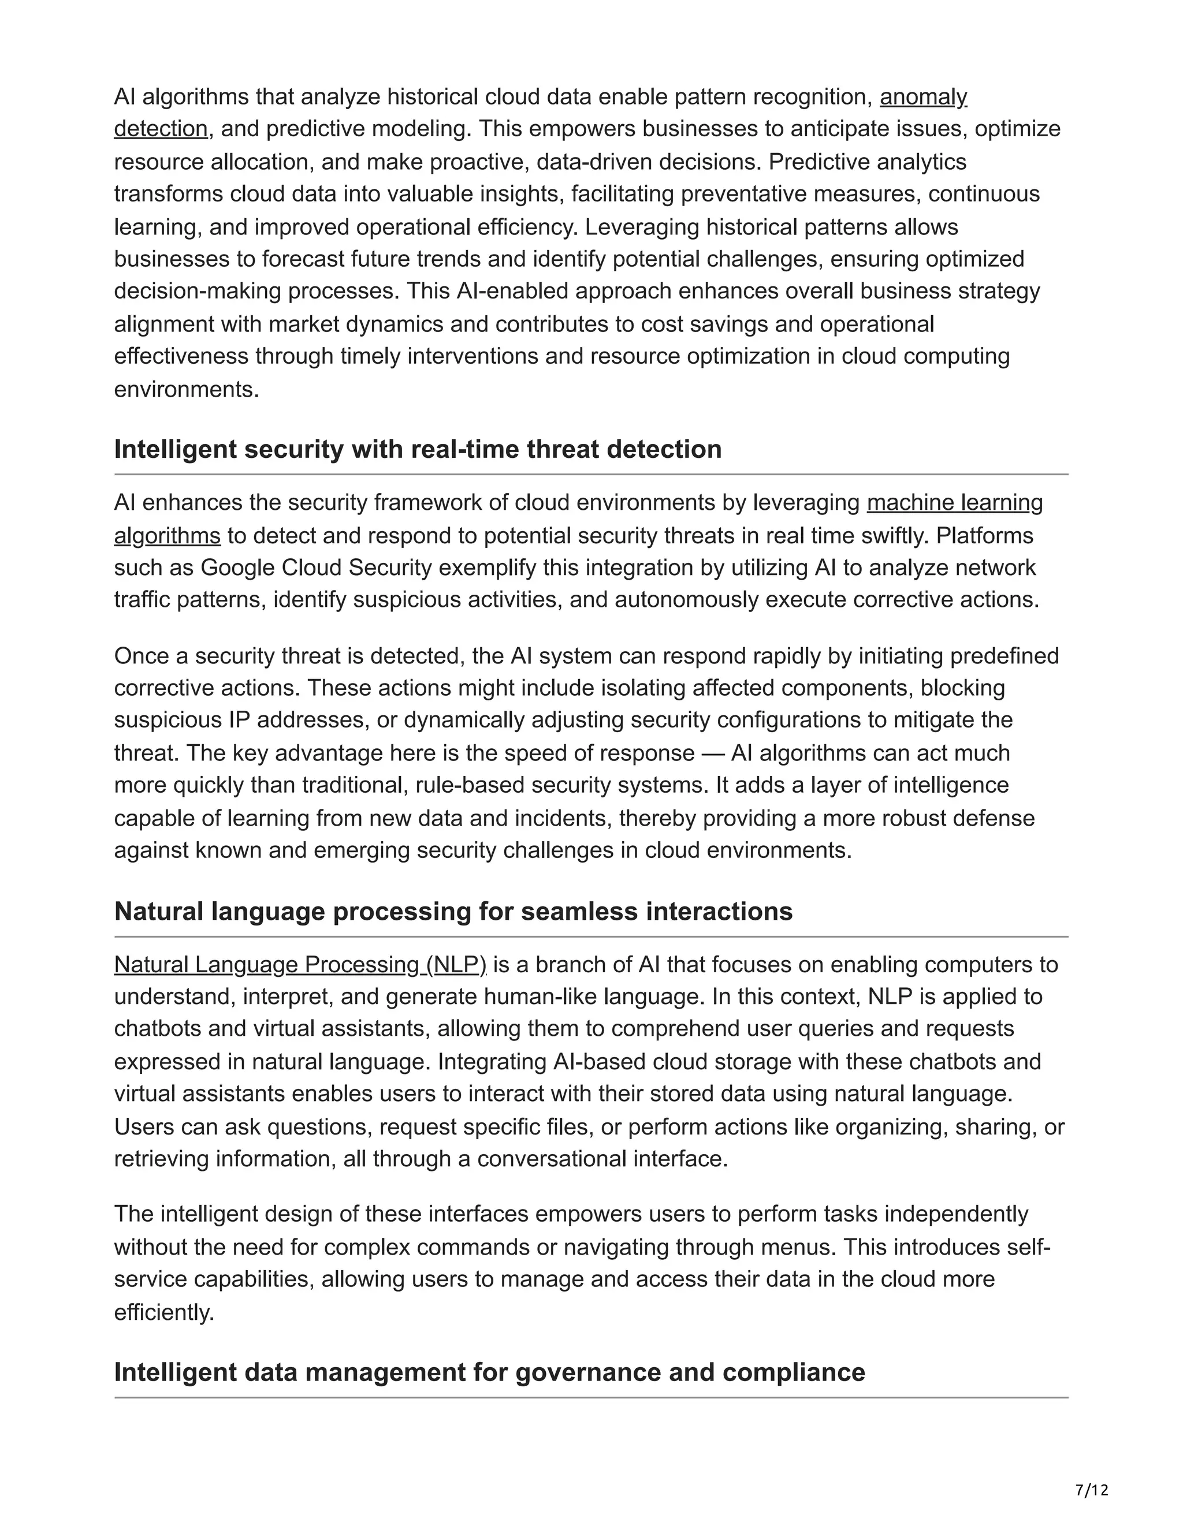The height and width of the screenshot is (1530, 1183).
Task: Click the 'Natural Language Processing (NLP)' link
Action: (x=300, y=965)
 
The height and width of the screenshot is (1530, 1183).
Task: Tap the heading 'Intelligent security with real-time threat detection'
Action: (x=418, y=449)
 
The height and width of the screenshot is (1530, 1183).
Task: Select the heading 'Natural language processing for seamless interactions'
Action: (x=453, y=912)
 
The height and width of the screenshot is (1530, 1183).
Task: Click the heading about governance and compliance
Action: (x=489, y=1372)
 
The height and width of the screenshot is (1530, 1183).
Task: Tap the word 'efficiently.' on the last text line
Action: (x=164, y=1312)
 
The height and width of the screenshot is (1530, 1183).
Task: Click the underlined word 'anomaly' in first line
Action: (x=923, y=96)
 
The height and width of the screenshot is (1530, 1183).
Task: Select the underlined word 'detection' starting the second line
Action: (x=161, y=129)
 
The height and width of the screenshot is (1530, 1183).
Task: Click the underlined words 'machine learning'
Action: (x=954, y=502)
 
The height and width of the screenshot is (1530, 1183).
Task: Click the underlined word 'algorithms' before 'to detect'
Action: (x=167, y=535)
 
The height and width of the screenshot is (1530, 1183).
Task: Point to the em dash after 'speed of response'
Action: (x=712, y=753)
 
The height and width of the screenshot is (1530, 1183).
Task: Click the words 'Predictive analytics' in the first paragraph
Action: (x=868, y=162)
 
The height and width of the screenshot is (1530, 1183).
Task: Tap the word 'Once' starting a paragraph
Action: (x=142, y=656)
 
